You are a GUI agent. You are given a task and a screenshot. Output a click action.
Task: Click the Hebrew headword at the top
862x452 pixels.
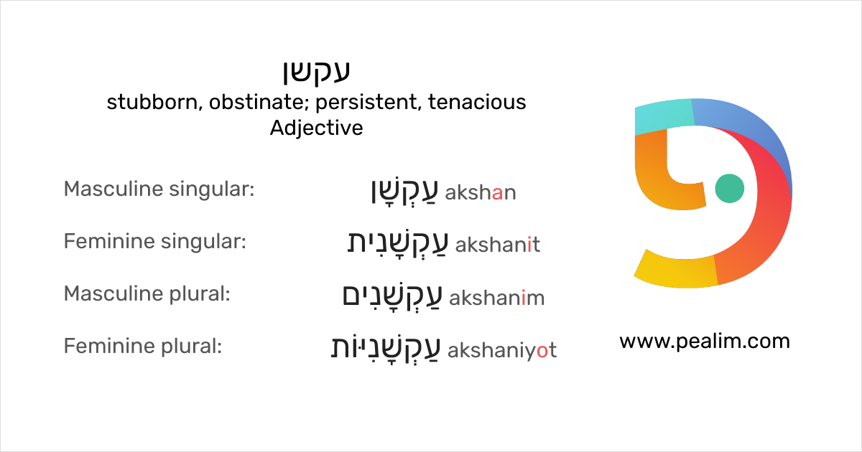pos(316,72)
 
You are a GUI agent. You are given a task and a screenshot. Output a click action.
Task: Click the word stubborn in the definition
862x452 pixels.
pos(152,103)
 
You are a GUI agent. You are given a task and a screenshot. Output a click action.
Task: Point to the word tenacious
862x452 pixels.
pos(477,103)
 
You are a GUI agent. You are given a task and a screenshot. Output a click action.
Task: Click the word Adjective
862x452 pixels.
pos(316,128)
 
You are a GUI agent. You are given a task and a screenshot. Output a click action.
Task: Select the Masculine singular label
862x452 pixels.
pos(159,190)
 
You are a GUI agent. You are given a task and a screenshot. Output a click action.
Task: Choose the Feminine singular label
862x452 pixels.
pos(155,243)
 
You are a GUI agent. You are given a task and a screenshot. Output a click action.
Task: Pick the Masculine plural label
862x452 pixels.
pos(147,294)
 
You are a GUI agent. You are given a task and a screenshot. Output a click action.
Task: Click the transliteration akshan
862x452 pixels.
pos(481,193)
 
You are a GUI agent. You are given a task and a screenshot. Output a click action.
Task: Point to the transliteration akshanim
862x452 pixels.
pos(496,298)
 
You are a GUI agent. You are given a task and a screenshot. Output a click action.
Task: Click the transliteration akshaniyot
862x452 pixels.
pos(501,350)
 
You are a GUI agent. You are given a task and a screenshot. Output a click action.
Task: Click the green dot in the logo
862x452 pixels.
pos(731,189)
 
